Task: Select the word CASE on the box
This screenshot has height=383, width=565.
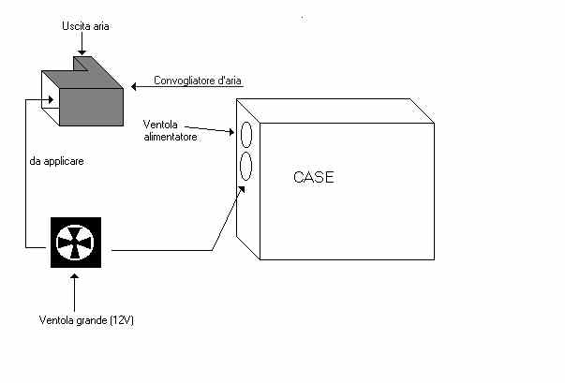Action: point(313,177)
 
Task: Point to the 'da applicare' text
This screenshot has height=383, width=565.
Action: point(57,161)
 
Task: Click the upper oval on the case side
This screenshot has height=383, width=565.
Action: point(246,135)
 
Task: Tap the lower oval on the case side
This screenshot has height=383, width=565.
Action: point(246,168)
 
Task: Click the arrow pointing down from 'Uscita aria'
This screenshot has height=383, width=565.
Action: point(82,45)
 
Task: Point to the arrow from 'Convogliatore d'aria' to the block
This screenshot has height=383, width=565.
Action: point(141,86)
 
